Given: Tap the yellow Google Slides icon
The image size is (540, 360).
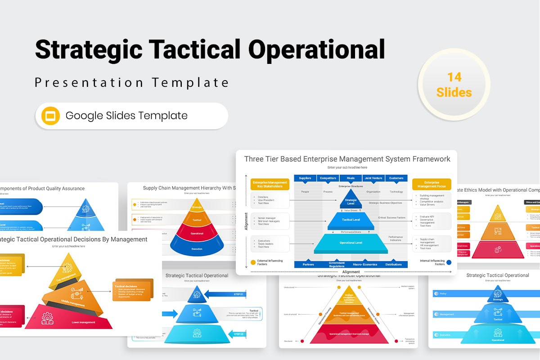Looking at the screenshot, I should tap(50, 116).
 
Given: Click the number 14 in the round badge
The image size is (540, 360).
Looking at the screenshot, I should tap(454, 77).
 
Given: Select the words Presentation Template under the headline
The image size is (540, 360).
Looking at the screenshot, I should tap(132, 83).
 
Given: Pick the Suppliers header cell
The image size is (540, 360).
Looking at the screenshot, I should tap(305, 178).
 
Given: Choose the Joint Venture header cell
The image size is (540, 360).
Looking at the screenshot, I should tap(373, 178).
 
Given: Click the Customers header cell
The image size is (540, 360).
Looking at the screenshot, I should tap(396, 178).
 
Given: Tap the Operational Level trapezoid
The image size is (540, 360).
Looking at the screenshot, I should tap(351, 243).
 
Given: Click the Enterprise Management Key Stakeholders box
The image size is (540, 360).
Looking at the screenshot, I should tap(270, 184).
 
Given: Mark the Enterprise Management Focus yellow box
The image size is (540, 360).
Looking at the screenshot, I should tap(432, 184).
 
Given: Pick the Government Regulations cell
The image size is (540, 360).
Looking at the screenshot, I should tap(337, 265).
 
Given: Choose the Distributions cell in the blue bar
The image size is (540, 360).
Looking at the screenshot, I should tap(393, 265).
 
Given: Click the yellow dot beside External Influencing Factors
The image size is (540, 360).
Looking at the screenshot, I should tap(253, 262).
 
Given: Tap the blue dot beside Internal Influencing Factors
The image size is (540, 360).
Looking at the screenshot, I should tap(449, 262).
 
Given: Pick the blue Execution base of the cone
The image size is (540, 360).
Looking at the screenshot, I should tap(197, 248).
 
